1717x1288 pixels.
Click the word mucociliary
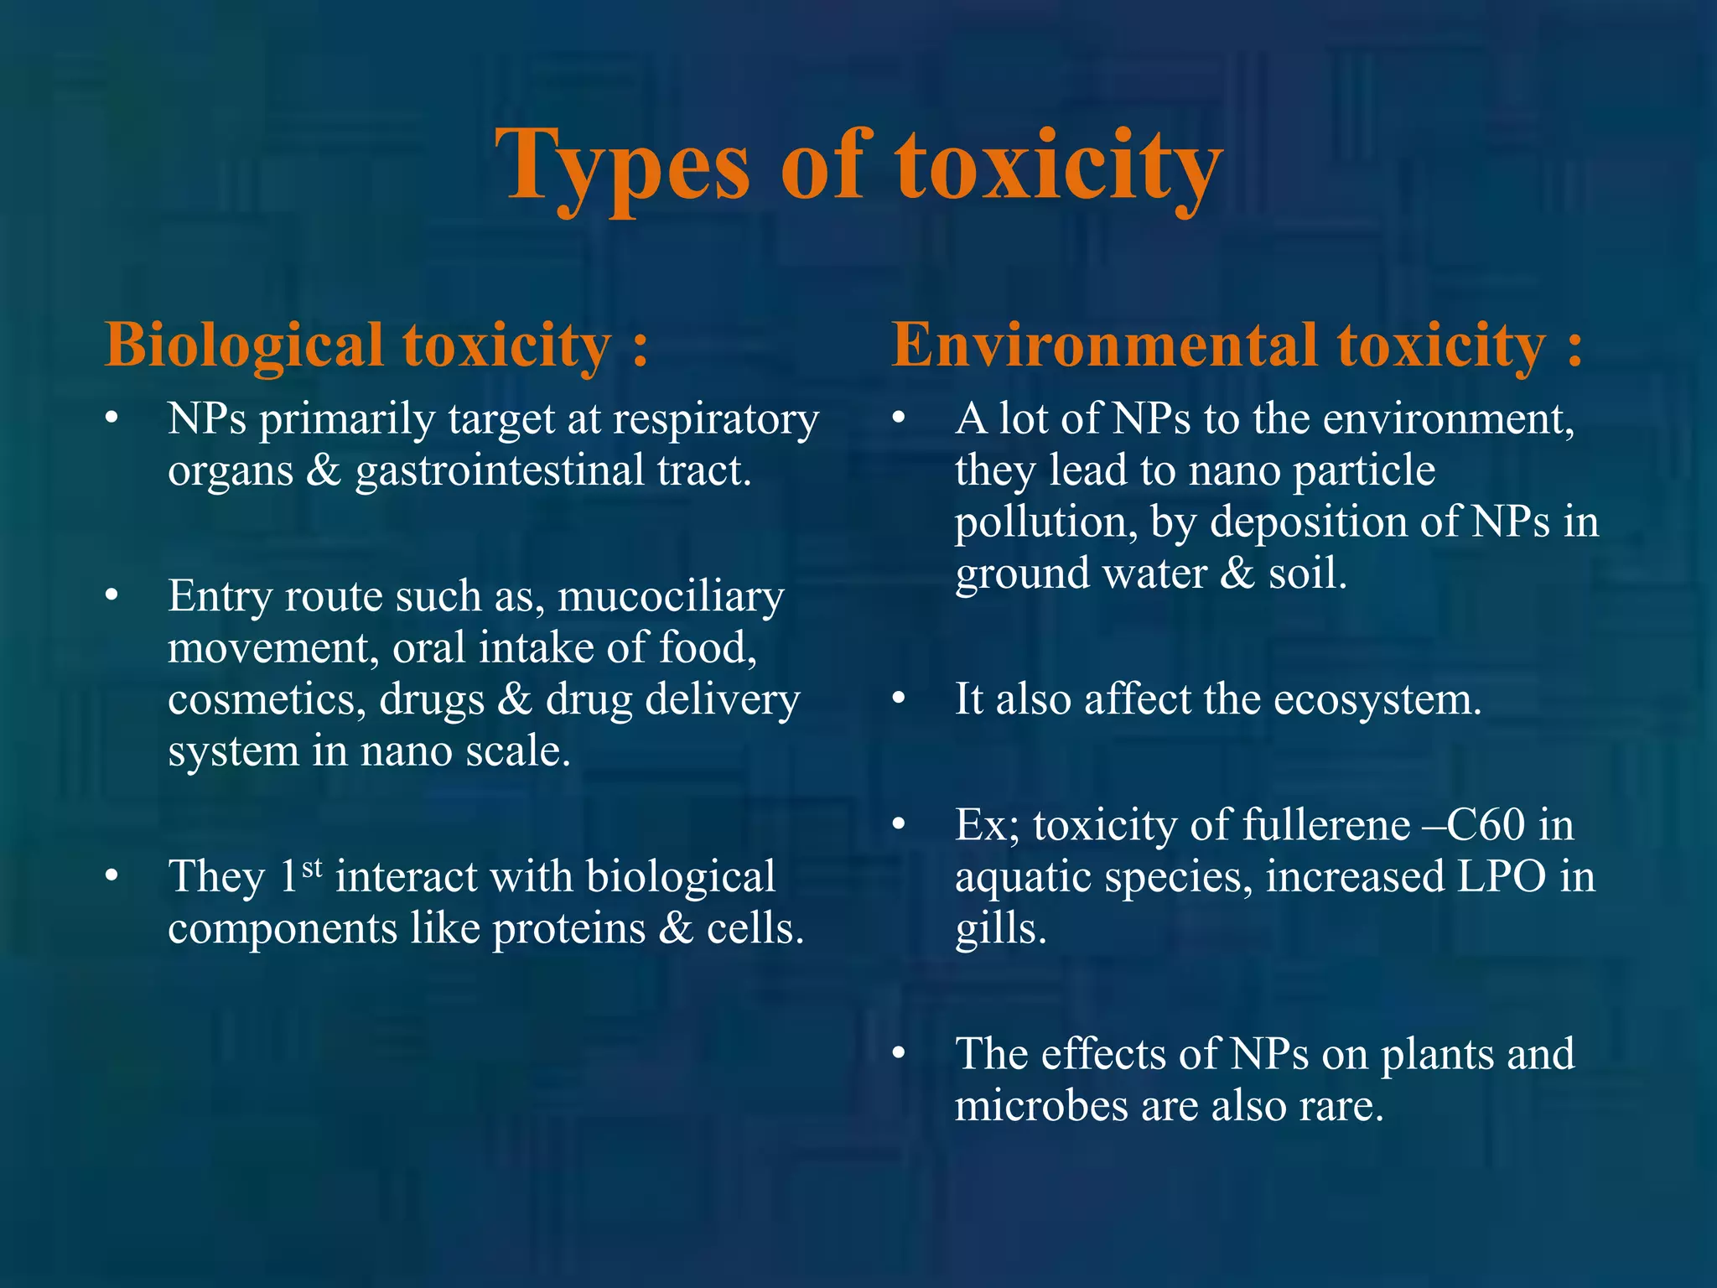click(670, 596)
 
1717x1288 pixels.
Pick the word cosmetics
click(267, 699)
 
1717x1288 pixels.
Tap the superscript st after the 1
click(312, 867)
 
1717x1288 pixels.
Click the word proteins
click(568, 928)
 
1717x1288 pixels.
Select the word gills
click(1000, 928)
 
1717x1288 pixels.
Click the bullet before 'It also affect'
click(900, 698)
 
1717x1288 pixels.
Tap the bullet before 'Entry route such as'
click(112, 595)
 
